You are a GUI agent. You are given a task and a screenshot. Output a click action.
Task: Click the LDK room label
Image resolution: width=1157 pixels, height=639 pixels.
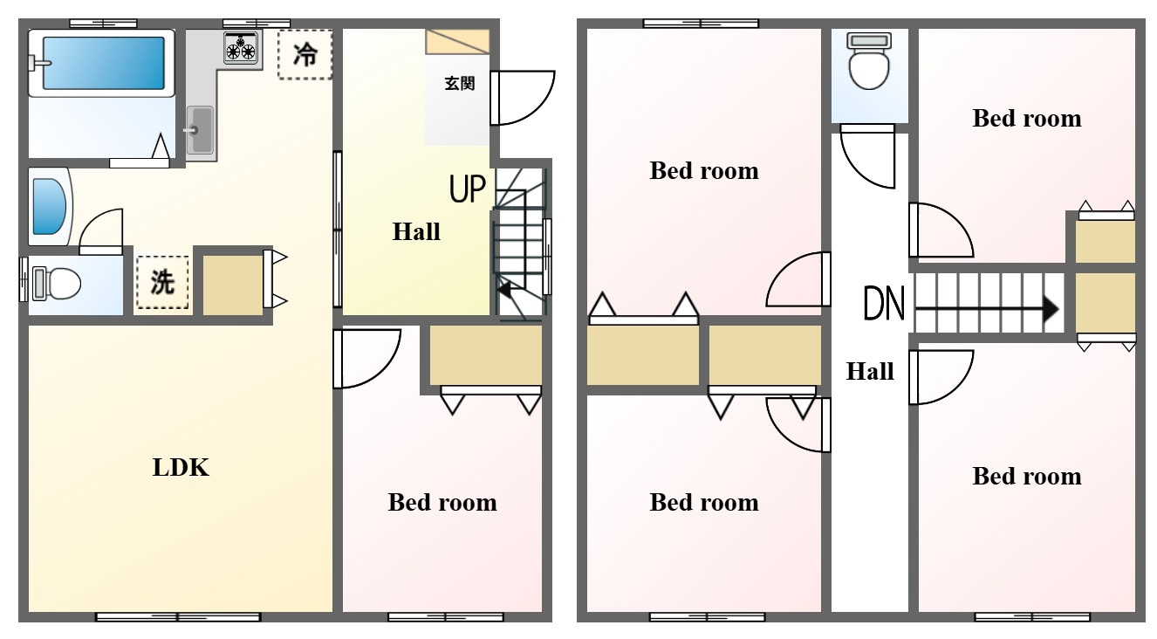pos(181,468)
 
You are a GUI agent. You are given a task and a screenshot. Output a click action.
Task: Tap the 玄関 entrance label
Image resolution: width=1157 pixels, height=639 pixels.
pos(460,83)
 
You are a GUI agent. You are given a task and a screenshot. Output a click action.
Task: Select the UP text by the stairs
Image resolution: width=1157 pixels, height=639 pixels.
pos(468,189)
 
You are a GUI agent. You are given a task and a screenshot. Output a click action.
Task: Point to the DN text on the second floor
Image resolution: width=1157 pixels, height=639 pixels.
pos(884,304)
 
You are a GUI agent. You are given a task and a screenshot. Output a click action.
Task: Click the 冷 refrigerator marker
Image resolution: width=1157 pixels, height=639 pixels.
pos(305,55)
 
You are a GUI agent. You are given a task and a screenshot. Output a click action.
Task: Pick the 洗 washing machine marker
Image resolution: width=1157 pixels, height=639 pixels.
pos(162,282)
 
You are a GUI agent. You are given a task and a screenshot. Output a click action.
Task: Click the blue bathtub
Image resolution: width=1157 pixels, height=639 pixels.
pos(103,63)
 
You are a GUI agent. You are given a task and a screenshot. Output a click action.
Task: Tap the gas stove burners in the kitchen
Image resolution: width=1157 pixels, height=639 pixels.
pos(241,48)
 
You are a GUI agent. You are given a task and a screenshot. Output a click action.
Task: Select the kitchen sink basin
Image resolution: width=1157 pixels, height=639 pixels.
pos(199,130)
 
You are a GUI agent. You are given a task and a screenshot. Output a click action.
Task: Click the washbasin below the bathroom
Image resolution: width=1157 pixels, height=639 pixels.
pos(49,206)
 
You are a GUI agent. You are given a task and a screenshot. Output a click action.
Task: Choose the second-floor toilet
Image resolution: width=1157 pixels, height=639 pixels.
pos(870,61)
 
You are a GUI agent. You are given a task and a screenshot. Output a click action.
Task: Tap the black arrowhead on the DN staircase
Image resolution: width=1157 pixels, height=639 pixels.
pos(1051,309)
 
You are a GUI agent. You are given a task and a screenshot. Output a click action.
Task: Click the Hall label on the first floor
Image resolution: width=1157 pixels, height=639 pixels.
pos(416,231)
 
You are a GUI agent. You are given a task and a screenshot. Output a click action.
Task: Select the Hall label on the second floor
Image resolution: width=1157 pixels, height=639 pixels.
pos(870,371)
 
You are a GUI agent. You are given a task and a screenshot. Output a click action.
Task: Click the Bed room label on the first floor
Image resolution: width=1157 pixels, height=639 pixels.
pos(442,503)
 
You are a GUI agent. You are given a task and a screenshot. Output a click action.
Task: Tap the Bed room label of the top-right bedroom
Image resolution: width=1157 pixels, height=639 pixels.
pos(1027,119)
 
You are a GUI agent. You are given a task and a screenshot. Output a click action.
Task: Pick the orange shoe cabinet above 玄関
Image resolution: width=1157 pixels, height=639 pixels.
pos(457,42)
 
